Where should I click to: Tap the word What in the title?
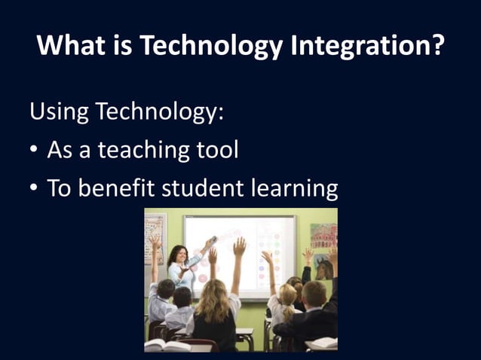[68, 47]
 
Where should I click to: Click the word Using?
[58, 114]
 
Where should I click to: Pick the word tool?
[217, 150]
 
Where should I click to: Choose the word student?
[204, 188]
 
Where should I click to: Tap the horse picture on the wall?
[323, 267]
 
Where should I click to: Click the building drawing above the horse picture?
[323, 236]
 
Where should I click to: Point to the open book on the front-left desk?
[164, 345]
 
